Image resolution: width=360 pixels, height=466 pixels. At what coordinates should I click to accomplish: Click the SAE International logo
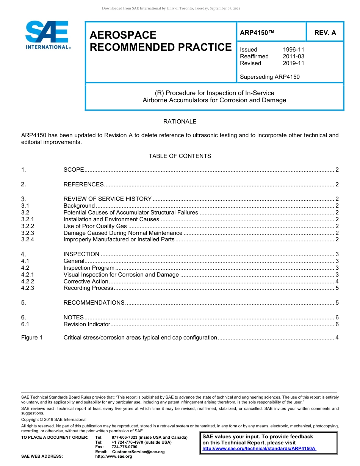[47, 35]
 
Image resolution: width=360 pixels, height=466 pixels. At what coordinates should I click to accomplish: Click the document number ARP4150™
[257, 33]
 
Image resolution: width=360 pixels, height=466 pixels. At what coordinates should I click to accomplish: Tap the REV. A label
[325, 33]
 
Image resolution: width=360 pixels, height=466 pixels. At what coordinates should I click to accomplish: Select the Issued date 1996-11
[293, 50]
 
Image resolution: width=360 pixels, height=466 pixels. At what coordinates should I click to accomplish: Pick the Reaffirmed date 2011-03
[293, 56]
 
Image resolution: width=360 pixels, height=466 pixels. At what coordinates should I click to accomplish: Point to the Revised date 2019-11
[293, 63]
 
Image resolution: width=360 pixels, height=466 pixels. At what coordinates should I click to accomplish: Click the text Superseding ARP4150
[269, 77]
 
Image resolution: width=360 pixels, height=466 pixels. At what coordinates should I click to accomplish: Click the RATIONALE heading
[180, 122]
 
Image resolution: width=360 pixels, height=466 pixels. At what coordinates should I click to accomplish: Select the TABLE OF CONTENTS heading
[180, 156]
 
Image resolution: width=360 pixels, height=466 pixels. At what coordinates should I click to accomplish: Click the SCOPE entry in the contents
[74, 170]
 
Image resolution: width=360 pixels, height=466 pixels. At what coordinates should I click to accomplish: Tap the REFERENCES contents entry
[83, 185]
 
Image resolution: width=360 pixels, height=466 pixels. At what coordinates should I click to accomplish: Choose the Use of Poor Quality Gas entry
[95, 226]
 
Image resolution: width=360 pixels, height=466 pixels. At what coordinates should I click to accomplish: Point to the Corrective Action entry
[86, 281]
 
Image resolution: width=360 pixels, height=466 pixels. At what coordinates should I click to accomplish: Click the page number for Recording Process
[337, 288]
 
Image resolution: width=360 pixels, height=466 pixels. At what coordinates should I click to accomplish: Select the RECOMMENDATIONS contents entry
[94, 303]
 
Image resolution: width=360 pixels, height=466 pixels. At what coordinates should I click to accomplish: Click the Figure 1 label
[32, 338]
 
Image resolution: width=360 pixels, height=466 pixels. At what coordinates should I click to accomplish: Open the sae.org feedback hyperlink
[259, 449]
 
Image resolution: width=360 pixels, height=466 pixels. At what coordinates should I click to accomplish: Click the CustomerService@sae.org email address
[138, 452]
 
